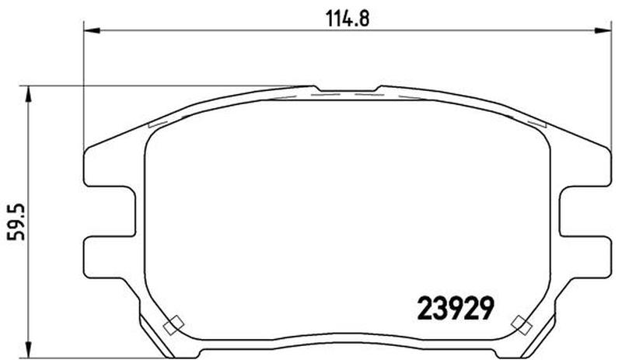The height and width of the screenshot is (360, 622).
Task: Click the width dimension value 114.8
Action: click(x=348, y=19)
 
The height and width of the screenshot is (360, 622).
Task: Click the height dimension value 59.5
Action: click(x=16, y=222)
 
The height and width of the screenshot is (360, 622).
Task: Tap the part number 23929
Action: click(x=456, y=309)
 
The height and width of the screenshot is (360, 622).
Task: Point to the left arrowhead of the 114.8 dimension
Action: click(x=92, y=30)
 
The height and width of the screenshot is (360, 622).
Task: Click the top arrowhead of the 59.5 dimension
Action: click(x=28, y=93)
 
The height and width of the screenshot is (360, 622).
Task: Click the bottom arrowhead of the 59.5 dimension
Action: click(x=28, y=349)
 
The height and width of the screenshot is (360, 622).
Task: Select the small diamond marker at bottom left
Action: click(x=173, y=325)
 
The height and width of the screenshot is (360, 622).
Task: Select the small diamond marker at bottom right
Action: click(x=522, y=325)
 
